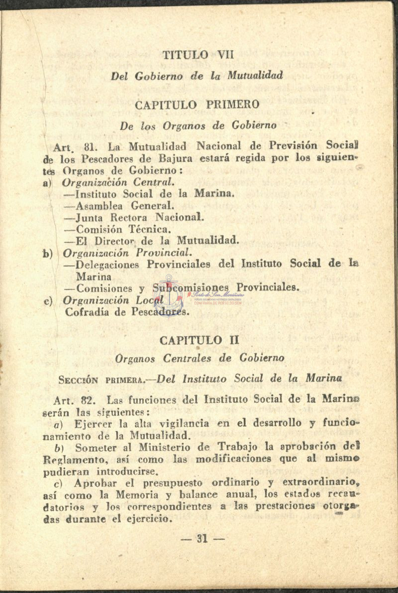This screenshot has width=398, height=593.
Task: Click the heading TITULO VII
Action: coord(198,54)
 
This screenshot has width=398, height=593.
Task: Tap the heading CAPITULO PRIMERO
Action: coord(197,104)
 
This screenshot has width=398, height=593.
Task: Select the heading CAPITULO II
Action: coord(199,340)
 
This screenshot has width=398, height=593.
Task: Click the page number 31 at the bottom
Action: coord(202,538)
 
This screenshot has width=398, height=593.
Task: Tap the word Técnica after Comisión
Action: coord(150,229)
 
